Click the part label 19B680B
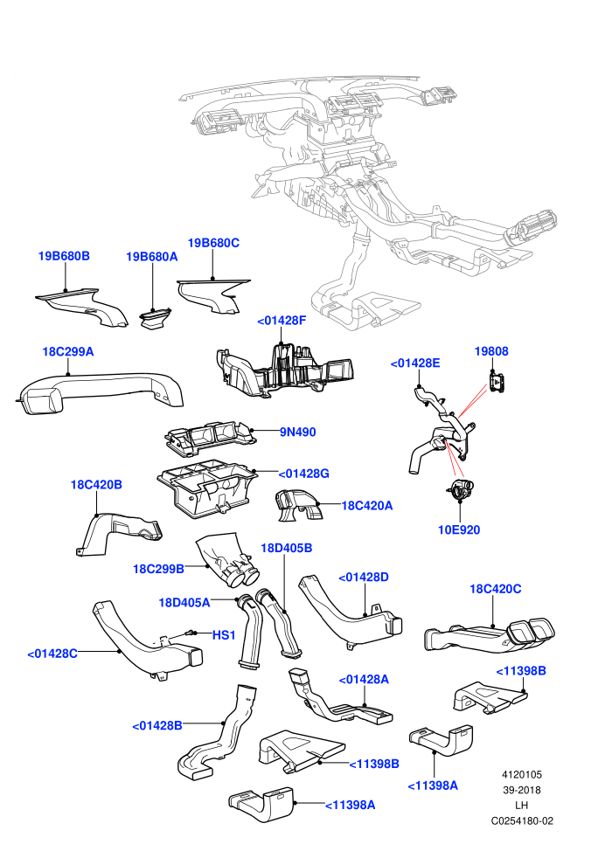point(64,256)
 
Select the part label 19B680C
point(213,243)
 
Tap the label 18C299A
point(68,351)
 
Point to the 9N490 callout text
point(297,432)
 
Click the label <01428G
point(303,474)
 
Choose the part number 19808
point(491,351)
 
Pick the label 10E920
point(459,529)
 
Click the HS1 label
point(224,635)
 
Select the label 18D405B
point(287,548)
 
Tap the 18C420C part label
point(495,589)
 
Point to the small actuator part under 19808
point(497,382)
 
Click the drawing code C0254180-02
point(522,820)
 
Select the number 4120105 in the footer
point(522,774)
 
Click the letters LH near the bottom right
point(521,806)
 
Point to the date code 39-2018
point(522,790)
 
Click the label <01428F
point(282,321)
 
